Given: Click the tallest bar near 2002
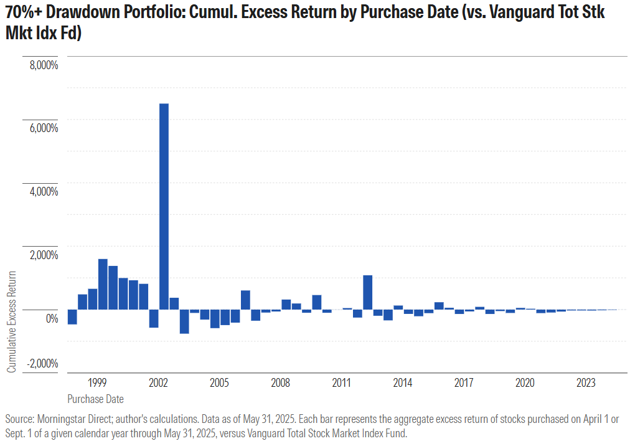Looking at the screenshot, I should pyautogui.click(x=164, y=206).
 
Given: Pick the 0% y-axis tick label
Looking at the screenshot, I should pyautogui.click(x=51, y=319).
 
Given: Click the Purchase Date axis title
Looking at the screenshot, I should pyautogui.click(x=95, y=399).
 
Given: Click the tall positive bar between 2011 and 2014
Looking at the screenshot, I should pyautogui.click(x=367, y=292).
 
